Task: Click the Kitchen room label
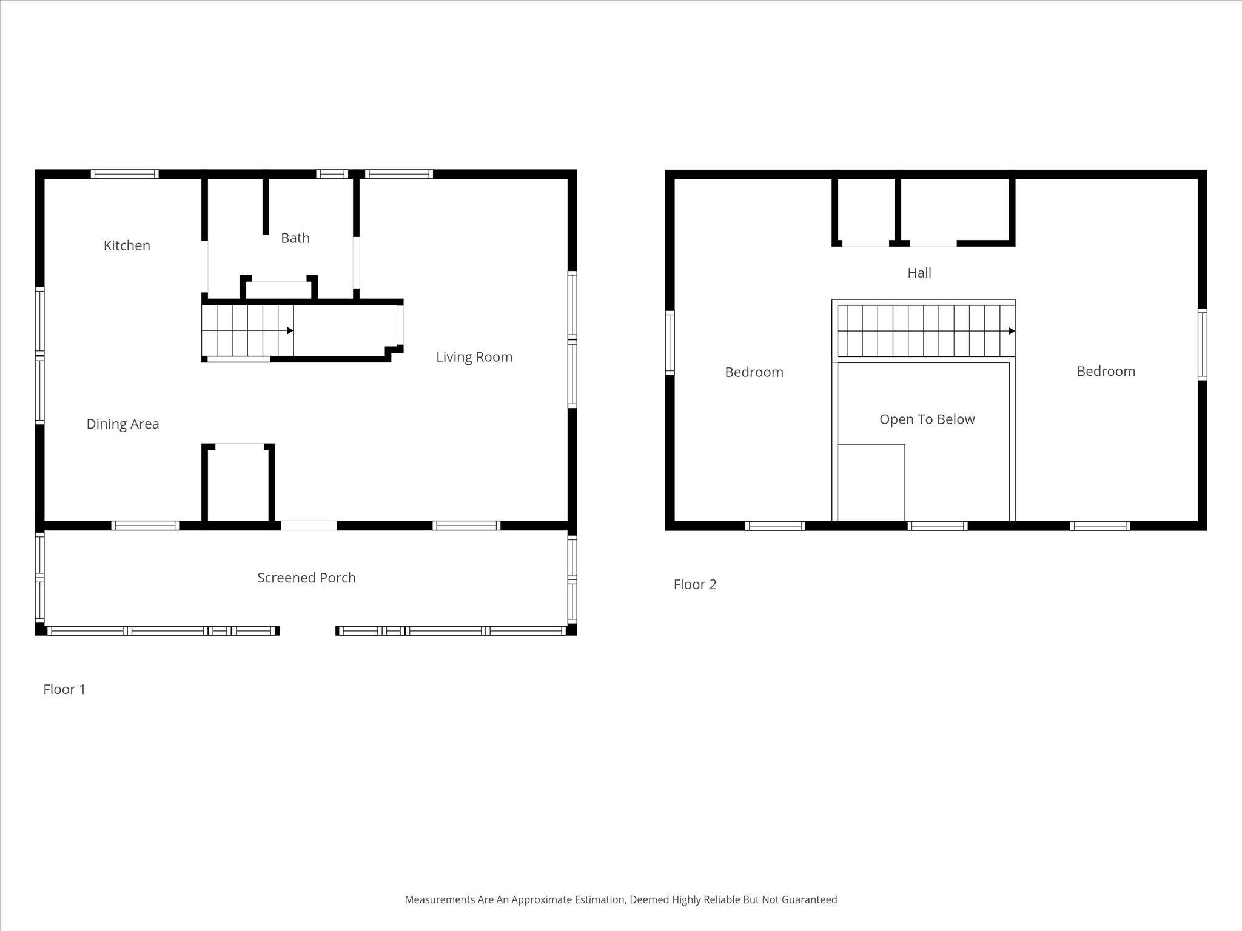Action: (x=127, y=245)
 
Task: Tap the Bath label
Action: (x=295, y=238)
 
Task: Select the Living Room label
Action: (x=474, y=357)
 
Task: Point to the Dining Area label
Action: (x=123, y=424)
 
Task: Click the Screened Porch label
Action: (x=306, y=578)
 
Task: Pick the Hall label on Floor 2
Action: (x=919, y=273)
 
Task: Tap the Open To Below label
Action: (x=927, y=419)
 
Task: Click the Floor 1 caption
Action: (x=64, y=689)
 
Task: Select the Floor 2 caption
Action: (x=695, y=584)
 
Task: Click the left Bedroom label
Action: (x=754, y=372)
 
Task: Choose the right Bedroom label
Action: (x=1106, y=372)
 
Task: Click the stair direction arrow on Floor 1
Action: (x=290, y=330)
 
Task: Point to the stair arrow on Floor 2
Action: (x=1011, y=331)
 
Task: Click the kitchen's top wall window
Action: (x=125, y=174)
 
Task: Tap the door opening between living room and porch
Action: (x=309, y=526)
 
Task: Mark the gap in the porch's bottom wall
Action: (x=307, y=631)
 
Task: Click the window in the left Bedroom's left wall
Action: (x=670, y=343)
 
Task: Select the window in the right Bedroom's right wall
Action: (x=1202, y=344)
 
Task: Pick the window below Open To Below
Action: (x=937, y=526)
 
